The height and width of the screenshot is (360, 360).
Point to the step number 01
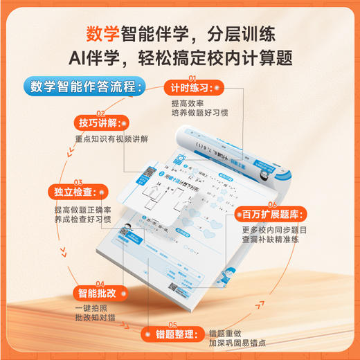(x=193, y=77)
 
